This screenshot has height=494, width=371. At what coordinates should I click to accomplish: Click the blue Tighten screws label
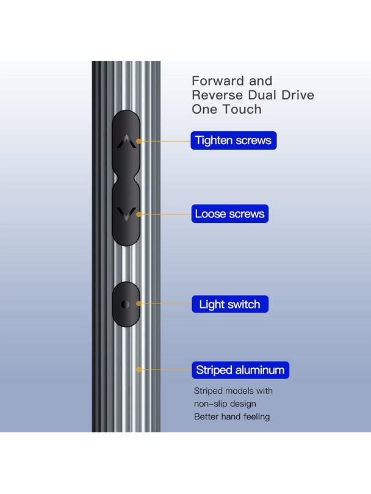pyautogui.click(x=234, y=140)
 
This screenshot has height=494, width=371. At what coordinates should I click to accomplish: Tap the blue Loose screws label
pyautogui.click(x=230, y=214)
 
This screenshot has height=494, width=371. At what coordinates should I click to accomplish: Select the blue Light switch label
pyautogui.click(x=230, y=304)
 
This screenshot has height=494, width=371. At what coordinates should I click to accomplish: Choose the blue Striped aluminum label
pyautogui.click(x=240, y=370)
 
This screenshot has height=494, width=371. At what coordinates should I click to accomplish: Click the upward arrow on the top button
pyautogui.click(x=126, y=142)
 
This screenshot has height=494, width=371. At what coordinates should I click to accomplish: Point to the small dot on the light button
pyautogui.click(x=125, y=304)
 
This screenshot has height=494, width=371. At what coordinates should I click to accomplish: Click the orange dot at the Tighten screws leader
pyautogui.click(x=139, y=141)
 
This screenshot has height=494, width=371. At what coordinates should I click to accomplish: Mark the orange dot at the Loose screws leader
pyautogui.click(x=139, y=214)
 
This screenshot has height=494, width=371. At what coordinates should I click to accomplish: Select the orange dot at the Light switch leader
pyautogui.click(x=139, y=303)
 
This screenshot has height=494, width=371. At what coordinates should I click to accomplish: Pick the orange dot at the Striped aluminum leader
pyautogui.click(x=139, y=369)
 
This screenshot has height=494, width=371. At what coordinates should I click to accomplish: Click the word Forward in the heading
pyautogui.click(x=218, y=81)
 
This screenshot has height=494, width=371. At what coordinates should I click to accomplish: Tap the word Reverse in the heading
pyautogui.click(x=218, y=95)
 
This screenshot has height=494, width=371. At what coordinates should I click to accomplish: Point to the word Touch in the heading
pyautogui.click(x=242, y=109)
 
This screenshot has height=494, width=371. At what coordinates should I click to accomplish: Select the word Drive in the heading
pyautogui.click(x=298, y=95)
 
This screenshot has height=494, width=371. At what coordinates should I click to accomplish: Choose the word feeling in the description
pyautogui.click(x=257, y=417)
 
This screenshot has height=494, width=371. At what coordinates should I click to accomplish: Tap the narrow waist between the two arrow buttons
pyautogui.click(x=126, y=179)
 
